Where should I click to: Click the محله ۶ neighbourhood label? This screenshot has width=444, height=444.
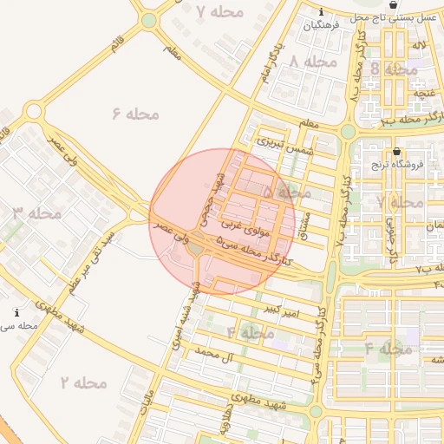(137, 113)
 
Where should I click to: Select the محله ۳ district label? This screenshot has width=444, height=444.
(36, 212)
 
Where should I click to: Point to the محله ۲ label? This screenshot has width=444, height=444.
(83, 382)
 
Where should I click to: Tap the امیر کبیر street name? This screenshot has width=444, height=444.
(284, 309)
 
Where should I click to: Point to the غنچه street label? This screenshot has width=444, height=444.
(424, 92)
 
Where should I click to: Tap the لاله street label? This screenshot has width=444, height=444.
(420, 44)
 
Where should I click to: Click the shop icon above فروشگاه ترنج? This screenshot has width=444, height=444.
(396, 150)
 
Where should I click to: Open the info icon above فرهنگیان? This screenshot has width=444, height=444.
(322, 13)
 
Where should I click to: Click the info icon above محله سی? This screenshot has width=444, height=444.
(16, 312)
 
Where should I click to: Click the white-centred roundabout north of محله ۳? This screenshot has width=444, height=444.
(34, 111)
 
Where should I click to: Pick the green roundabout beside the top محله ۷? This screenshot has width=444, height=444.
(149, 19)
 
